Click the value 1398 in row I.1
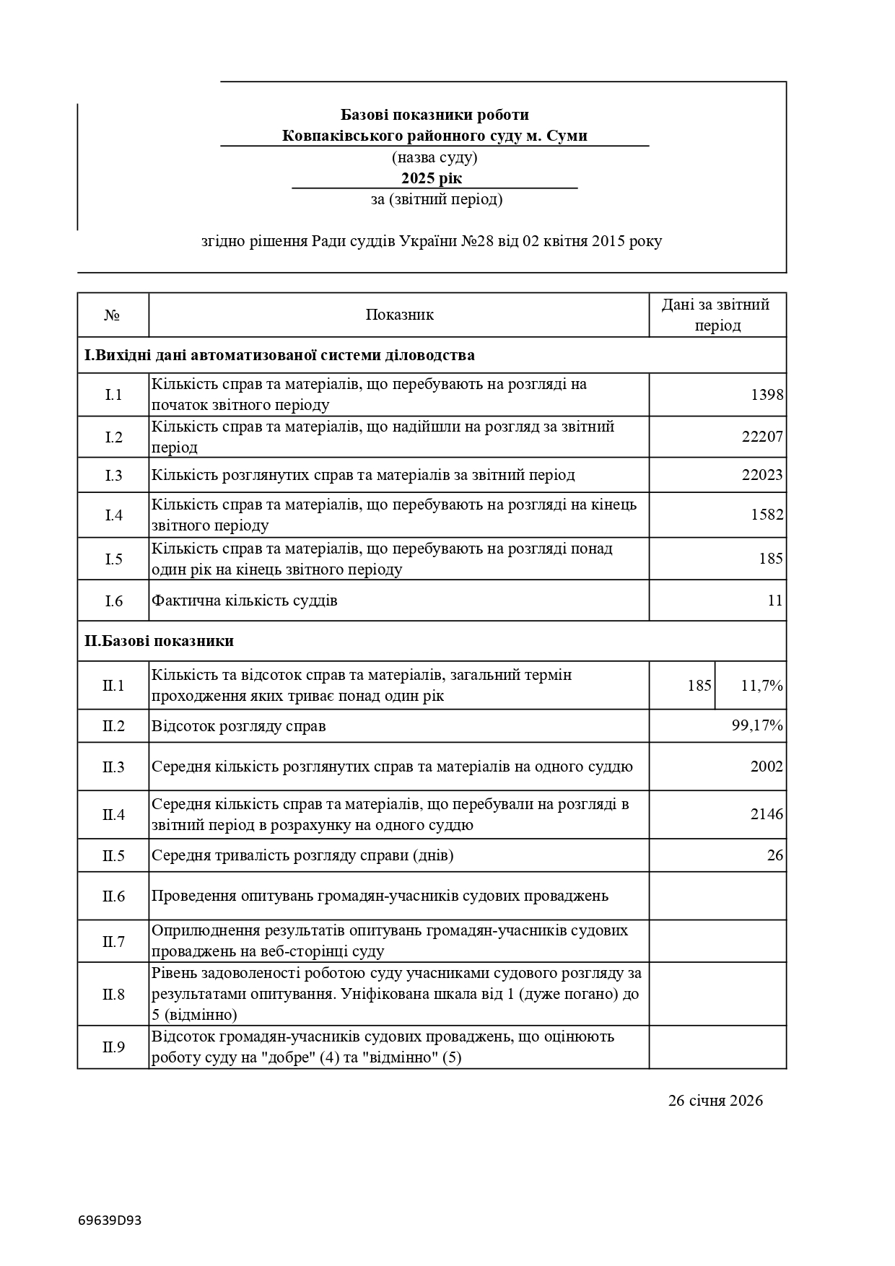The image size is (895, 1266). pos(767,395)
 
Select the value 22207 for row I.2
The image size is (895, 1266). pos(762,437)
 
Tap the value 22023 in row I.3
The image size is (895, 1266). pos(762,475)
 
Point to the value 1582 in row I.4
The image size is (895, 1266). pos(767,515)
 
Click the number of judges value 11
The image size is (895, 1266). pos(774,601)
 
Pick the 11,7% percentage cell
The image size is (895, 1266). pos(761,686)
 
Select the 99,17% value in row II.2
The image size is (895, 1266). pos(757,725)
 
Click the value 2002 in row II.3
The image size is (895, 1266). pos(767,767)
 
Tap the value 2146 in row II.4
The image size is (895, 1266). pos(767,814)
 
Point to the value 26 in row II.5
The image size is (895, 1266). pos(774,855)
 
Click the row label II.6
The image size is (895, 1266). pos(113,896)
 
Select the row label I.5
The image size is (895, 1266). pos(113,559)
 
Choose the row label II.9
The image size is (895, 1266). pos(113,1047)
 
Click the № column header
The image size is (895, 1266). pos(112,315)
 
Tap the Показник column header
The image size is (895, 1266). pos(399,315)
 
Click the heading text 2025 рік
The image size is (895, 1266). pos(432,178)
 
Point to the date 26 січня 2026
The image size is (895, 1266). pos(715,1101)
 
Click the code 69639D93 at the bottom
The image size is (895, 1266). pos(110,1221)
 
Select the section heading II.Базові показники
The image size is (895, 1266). pos(159,641)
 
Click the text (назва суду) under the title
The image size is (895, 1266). pos(435,157)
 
